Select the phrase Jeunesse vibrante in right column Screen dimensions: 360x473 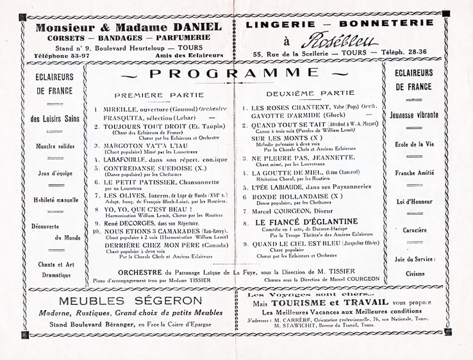(413, 115)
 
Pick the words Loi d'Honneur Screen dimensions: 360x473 (413, 200)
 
